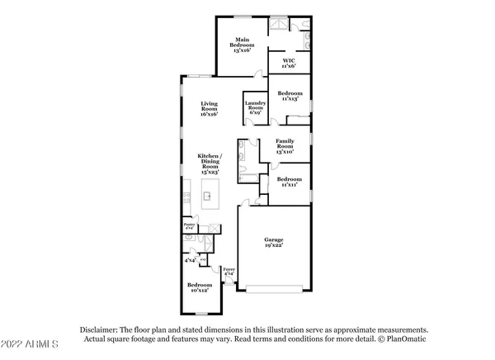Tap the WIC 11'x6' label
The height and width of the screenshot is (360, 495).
click(288, 62)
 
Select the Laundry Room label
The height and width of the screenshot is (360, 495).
click(254, 108)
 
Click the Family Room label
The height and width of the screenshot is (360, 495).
click(285, 146)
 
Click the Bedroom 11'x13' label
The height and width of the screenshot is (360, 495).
click(289, 96)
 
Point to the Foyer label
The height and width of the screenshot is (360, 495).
click(229, 271)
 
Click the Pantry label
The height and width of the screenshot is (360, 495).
click(188, 226)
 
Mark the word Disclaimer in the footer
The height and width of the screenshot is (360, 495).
click(101, 328)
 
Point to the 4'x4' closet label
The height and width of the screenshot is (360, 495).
click(191, 260)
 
